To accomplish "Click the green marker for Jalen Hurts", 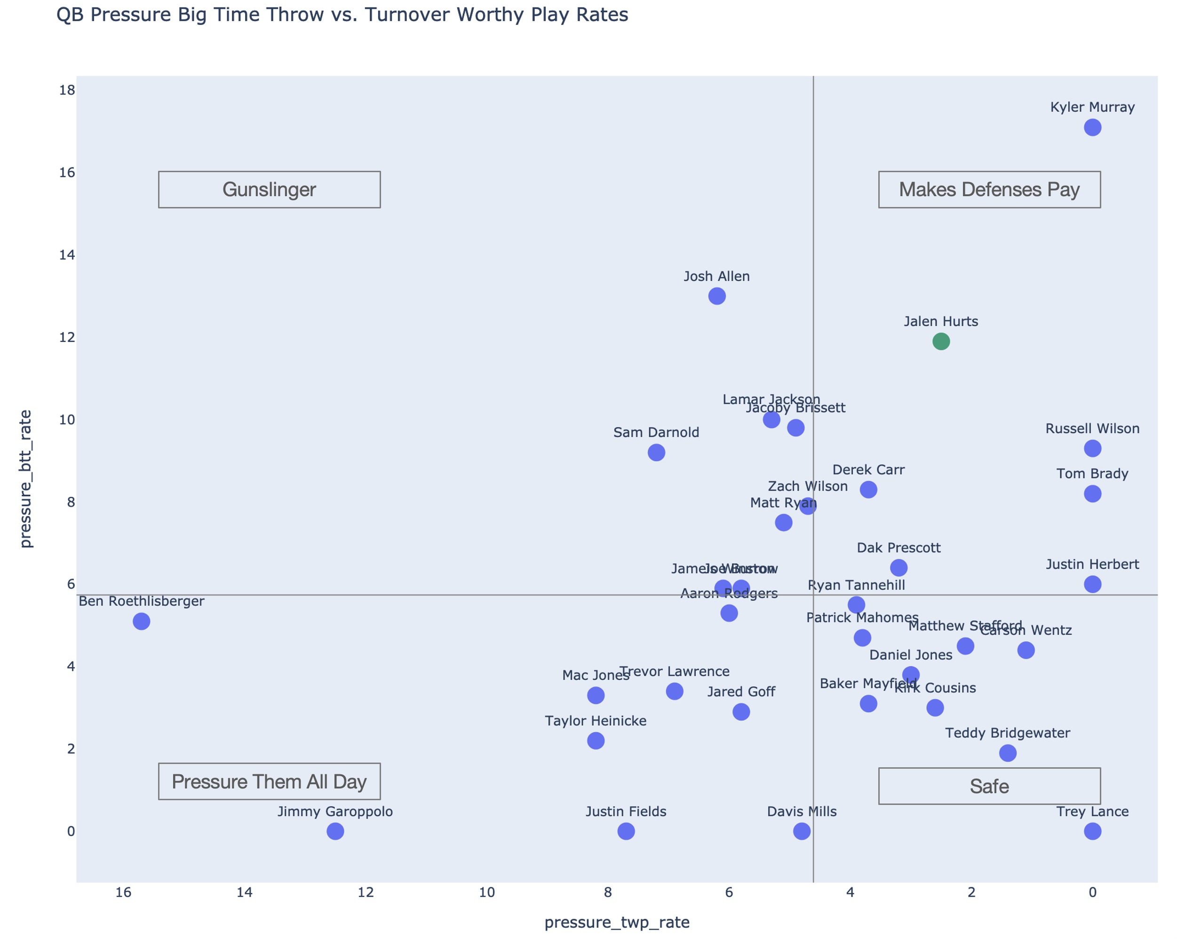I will (x=941, y=342).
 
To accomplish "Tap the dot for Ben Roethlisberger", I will (x=142, y=621).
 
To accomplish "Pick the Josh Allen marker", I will (x=717, y=296).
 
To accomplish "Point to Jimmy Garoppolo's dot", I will (x=335, y=831).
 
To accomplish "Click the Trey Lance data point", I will (x=1092, y=831).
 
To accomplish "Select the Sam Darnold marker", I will (x=656, y=453).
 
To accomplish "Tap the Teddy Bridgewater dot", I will (x=1007, y=753).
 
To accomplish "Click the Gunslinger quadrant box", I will (x=269, y=190).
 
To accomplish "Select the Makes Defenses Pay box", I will (x=989, y=190).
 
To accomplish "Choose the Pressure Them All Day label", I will (x=269, y=781).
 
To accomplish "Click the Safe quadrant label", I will (x=989, y=786).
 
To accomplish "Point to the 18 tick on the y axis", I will (x=67, y=90).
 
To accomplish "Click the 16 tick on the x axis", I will (x=123, y=892).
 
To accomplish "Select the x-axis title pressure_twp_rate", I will (x=617, y=922).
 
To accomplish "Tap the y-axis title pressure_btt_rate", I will (x=26, y=478).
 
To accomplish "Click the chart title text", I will (x=342, y=15).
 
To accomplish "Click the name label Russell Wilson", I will (x=1092, y=429).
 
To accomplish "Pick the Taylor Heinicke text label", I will (x=596, y=721).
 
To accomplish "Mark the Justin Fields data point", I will (x=626, y=831).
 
